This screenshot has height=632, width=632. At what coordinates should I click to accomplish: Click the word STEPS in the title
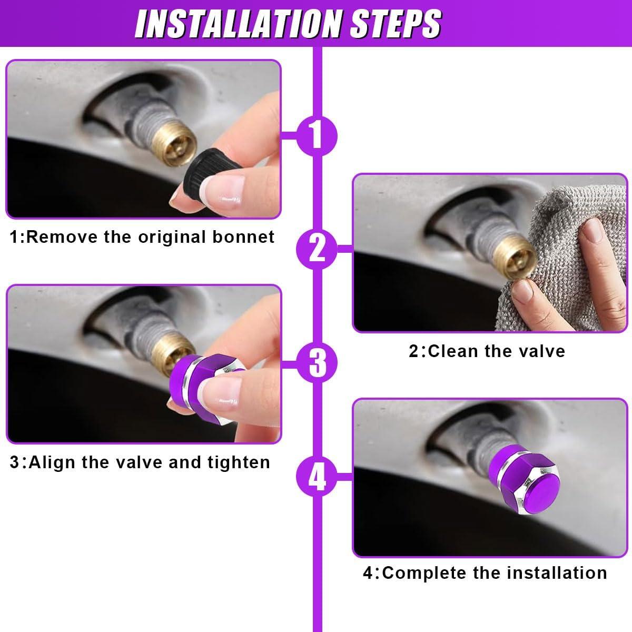click(x=395, y=24)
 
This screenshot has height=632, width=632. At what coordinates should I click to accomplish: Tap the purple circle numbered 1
click(x=316, y=135)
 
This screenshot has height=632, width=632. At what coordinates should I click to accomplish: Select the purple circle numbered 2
click(x=316, y=248)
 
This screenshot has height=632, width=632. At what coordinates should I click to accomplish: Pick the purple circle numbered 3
click(x=316, y=362)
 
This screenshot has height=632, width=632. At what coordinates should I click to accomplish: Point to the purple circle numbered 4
click(x=316, y=477)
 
